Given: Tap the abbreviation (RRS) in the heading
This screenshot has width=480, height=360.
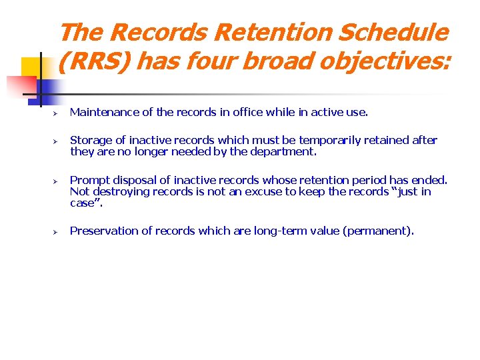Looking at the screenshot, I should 93,61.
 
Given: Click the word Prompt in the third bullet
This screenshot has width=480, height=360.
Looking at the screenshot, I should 89,180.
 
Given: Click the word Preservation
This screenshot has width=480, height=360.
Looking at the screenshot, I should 102,231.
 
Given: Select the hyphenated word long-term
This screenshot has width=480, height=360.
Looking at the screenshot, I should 279,231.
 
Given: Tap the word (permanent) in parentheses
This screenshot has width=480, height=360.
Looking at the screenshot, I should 376,231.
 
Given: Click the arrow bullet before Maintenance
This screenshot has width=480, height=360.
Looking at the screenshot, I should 57,113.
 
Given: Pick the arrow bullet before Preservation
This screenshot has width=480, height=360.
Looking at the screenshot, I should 57,231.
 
